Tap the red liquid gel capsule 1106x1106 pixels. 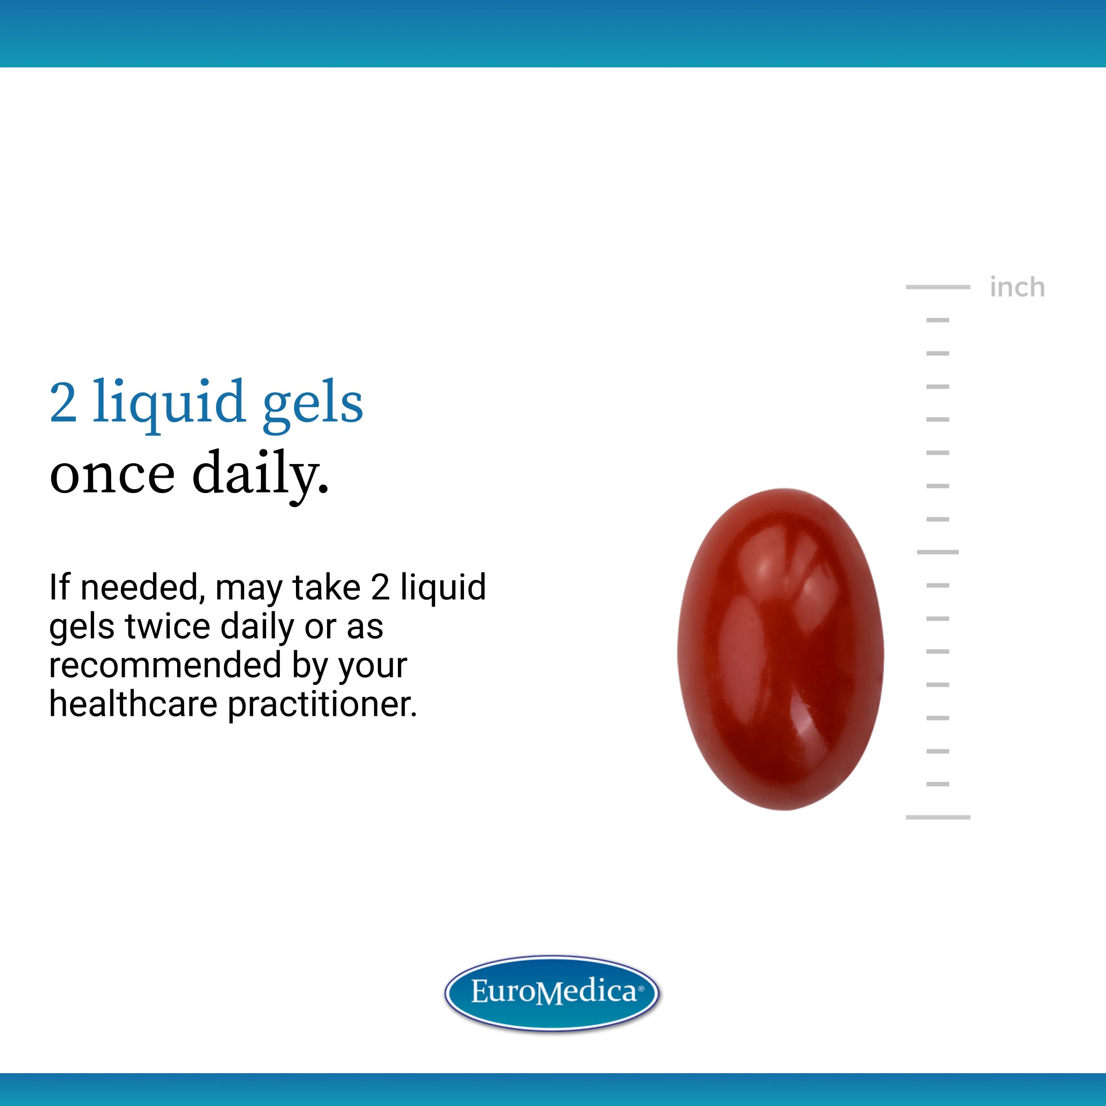coord(780,649)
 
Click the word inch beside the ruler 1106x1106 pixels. coord(1017,287)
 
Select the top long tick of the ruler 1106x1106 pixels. coord(938,287)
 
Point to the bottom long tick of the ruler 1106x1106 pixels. coord(938,817)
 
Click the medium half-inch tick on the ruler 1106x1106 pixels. coord(938,552)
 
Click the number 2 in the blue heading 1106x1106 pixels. coord(63,403)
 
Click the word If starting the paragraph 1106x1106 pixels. coord(60,588)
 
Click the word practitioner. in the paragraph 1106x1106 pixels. coord(322,705)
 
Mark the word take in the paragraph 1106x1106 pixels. coord(326,588)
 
